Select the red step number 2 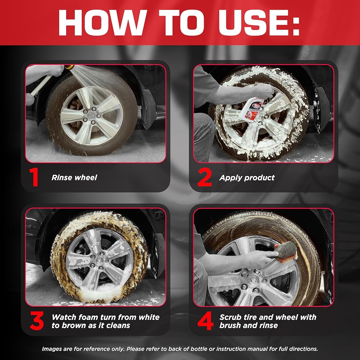point(204,177)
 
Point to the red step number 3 point(37,321)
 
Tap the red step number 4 point(206,321)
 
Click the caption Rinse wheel point(74,177)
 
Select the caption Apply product point(247,178)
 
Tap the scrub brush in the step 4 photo point(286,251)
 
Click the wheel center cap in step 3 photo point(99,261)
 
